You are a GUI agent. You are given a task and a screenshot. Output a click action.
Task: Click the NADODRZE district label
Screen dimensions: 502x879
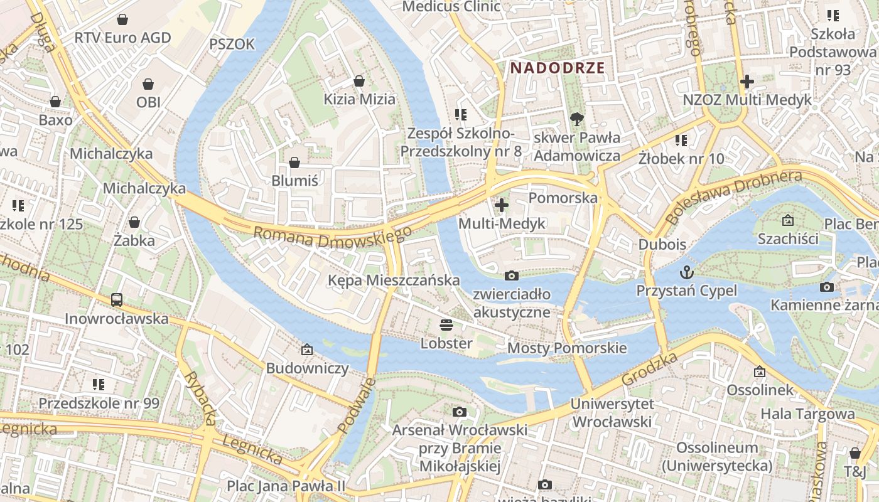click(557, 68)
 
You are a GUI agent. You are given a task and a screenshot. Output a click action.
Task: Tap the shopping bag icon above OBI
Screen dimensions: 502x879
click(148, 84)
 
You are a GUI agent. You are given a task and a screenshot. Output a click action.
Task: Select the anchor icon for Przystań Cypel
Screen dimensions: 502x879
click(687, 272)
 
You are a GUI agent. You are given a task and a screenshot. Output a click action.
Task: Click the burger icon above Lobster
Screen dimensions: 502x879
click(446, 325)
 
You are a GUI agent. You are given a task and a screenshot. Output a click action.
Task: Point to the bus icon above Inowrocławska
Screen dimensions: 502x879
click(117, 300)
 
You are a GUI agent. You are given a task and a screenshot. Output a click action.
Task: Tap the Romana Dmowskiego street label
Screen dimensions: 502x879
click(332, 237)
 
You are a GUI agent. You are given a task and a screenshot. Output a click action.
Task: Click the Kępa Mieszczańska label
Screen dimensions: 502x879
click(394, 280)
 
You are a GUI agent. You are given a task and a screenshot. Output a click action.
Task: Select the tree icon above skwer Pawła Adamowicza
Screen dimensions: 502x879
click(576, 119)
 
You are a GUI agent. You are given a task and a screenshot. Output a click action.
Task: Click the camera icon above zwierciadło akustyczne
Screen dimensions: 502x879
click(512, 275)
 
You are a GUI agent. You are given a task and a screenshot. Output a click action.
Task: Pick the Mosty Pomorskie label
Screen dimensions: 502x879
click(567, 348)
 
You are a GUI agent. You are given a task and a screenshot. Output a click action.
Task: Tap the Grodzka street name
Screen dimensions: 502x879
click(650, 369)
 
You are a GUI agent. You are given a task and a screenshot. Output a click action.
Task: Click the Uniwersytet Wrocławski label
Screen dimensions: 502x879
click(612, 413)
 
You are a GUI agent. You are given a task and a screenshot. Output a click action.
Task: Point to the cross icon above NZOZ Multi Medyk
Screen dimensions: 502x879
click(747, 82)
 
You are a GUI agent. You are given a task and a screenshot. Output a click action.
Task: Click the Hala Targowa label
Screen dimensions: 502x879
click(807, 414)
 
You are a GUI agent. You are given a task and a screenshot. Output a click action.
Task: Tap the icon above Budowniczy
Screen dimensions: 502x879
click(307, 350)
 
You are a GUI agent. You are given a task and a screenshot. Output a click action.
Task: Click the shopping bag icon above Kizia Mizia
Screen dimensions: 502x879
click(359, 81)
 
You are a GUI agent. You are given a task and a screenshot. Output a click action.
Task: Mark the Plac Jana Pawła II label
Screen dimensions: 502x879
click(286, 486)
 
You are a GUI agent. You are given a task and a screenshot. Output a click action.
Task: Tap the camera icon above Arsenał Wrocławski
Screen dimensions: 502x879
click(460, 412)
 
